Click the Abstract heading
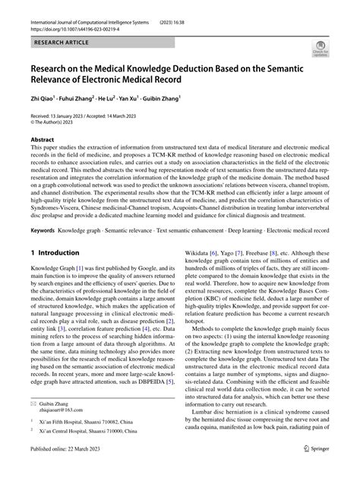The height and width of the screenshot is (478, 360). pyautogui.click(x=42, y=140)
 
